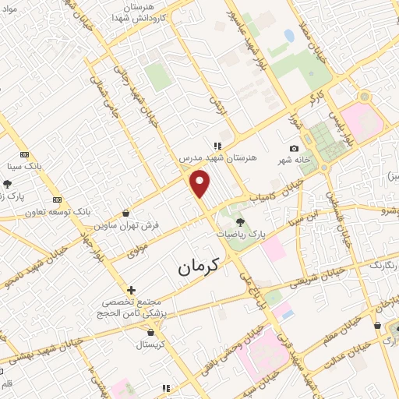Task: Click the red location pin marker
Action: (200, 184)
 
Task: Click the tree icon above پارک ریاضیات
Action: (239, 223)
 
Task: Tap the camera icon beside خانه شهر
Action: (294, 149)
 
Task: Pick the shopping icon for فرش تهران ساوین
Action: (126, 212)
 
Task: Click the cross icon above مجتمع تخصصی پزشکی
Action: (131, 290)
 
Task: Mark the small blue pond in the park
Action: (289, 35)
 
